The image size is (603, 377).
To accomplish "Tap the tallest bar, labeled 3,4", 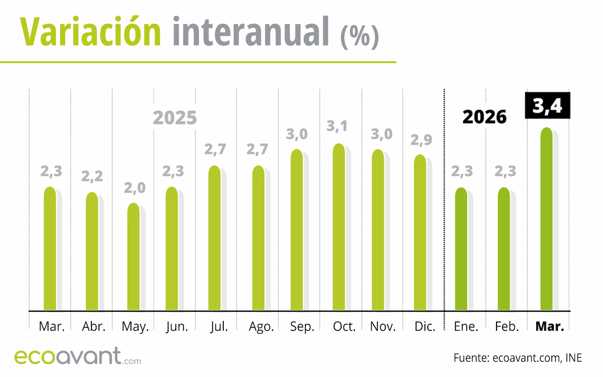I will [546, 219].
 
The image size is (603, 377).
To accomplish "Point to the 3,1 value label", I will [339, 126].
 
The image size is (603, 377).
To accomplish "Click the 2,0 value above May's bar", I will [135, 188].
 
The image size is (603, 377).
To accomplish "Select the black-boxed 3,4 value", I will [547, 105].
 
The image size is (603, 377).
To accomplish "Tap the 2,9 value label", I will [421, 140].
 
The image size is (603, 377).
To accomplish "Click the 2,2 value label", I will [92, 176].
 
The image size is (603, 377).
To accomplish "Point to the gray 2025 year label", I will [175, 118].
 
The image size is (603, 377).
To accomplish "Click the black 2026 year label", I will [484, 116].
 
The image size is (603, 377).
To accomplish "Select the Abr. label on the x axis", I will [93, 327].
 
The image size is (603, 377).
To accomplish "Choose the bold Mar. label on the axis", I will [550, 327].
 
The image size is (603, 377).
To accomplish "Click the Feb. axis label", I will [506, 327].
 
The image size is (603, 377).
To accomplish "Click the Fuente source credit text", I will [518, 358].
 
